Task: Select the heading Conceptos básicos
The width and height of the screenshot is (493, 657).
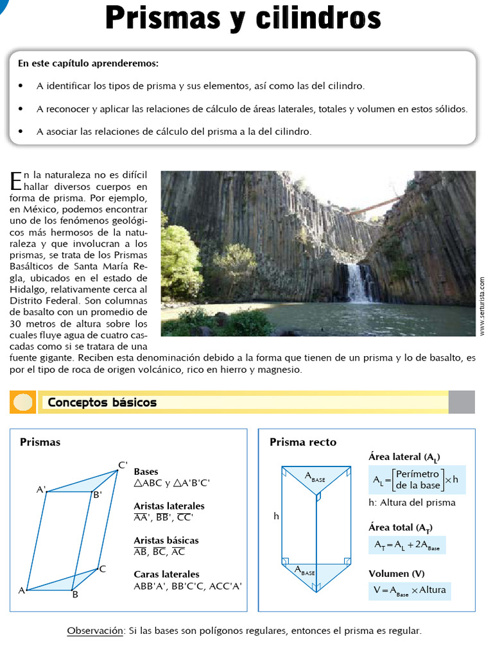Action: [102, 402]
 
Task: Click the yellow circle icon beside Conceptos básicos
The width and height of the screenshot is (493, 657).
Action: [23, 402]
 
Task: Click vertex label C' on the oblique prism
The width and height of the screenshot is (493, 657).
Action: [123, 465]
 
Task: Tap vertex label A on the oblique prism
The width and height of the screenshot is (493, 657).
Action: [21, 590]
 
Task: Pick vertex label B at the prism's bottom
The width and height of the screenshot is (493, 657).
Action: [75, 595]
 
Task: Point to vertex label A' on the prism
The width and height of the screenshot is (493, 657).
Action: [41, 490]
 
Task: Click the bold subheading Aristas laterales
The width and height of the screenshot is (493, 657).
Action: [169, 506]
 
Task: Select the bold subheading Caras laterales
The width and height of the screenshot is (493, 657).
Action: [166, 574]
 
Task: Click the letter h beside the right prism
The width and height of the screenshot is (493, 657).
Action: [276, 515]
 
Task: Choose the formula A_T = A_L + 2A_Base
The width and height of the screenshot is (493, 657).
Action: [407, 545]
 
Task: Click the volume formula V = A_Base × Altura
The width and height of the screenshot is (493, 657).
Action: [410, 590]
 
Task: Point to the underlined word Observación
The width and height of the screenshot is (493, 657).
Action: [95, 631]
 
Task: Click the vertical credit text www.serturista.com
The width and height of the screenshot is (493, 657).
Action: [482, 305]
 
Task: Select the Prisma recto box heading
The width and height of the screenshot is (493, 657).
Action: [303, 442]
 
